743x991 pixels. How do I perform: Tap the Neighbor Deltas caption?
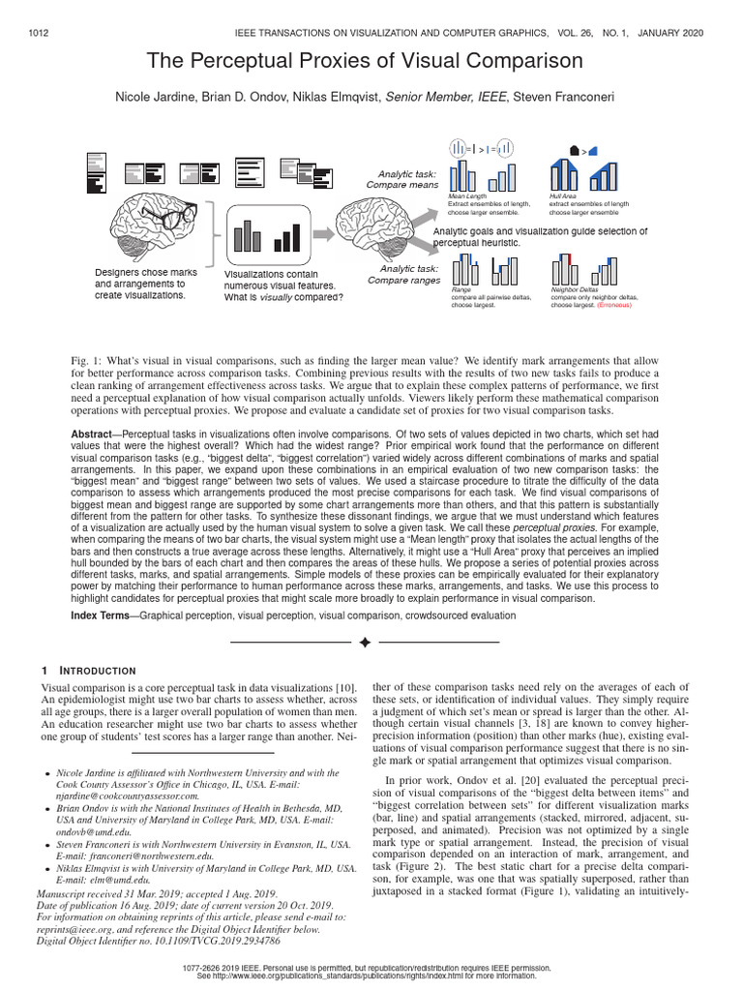(x=575, y=289)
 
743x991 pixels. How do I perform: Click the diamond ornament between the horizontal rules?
(x=365, y=642)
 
